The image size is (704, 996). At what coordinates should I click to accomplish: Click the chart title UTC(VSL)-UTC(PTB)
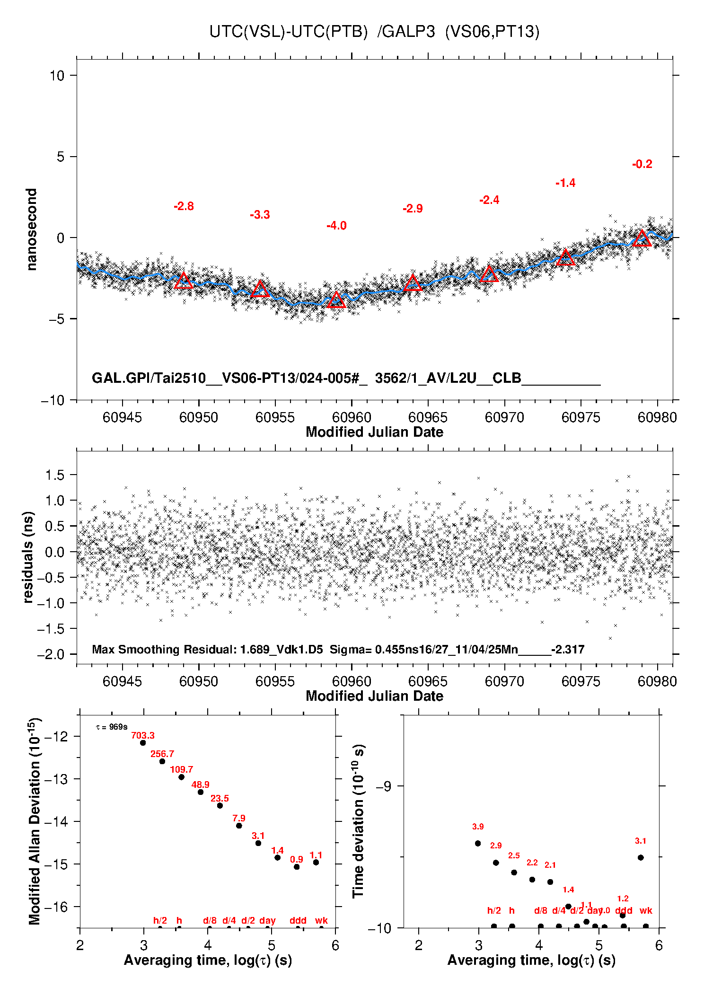pos(289,32)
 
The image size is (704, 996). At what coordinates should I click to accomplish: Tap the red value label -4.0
pos(336,226)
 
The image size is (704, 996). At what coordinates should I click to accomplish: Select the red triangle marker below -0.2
pos(642,238)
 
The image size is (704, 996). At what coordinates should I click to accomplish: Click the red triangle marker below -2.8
pos(184,281)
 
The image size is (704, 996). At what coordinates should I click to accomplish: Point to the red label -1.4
pos(565,183)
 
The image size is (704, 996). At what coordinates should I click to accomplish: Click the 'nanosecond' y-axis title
pos(31,229)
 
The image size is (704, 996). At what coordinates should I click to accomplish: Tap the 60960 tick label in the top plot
pos(352,417)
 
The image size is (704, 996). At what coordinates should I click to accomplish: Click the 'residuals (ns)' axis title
pos(28,557)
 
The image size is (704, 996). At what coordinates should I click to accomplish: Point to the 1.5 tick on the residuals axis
pos(54,475)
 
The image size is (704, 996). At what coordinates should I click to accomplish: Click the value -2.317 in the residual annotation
pos(568,649)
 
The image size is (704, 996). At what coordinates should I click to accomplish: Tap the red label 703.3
pos(143,735)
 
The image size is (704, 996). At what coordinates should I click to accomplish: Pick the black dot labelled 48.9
pos(201,792)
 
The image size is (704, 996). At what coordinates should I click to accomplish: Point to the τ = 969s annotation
pos(112,727)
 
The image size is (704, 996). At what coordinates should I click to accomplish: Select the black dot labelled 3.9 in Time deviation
pos(478,843)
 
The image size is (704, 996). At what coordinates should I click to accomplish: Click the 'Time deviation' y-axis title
pos(358,821)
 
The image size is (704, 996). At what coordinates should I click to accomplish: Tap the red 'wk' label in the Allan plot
pos(321,920)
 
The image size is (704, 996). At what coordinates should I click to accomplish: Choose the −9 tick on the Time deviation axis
pos(384,786)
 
